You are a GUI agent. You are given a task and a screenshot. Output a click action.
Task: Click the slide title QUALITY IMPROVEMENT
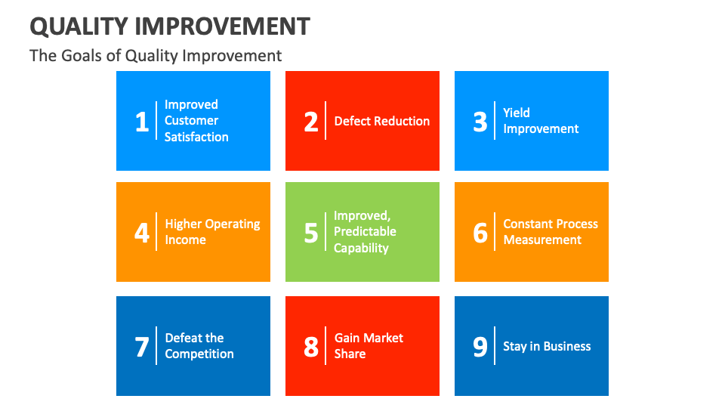coord(170,26)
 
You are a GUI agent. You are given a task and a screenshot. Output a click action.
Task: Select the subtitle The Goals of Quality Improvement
coord(156,55)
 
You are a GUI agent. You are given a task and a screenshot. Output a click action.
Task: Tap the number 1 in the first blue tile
coord(142,121)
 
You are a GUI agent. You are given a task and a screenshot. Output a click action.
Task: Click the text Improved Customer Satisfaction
coord(196,121)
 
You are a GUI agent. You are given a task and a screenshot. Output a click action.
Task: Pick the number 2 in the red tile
coord(311,121)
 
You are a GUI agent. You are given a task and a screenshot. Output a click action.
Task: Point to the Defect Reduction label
coord(382,121)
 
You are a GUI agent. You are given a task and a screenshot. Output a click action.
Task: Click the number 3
coord(480,121)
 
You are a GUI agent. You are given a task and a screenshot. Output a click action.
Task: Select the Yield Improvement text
coord(541,121)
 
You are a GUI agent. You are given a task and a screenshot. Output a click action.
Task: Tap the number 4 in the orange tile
coord(142,233)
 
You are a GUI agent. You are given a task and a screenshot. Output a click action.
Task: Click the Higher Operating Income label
coord(212,232)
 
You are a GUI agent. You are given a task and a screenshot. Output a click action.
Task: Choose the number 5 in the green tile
coord(311,233)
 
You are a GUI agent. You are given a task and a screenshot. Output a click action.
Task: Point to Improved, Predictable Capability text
coord(365,232)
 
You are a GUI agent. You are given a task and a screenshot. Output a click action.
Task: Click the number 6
coord(480,233)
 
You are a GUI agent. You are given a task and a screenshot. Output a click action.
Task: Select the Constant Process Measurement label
coord(551,232)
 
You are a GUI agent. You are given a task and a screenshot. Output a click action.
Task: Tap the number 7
coord(142,347)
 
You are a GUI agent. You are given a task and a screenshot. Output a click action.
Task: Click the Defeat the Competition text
coord(199,346)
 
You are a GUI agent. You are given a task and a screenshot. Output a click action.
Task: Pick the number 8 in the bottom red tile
coord(311,347)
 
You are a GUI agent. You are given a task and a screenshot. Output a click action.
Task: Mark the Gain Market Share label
coord(369,346)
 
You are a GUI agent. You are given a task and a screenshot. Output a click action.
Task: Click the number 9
coord(480,347)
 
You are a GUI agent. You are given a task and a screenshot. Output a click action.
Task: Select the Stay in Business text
coord(547,347)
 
